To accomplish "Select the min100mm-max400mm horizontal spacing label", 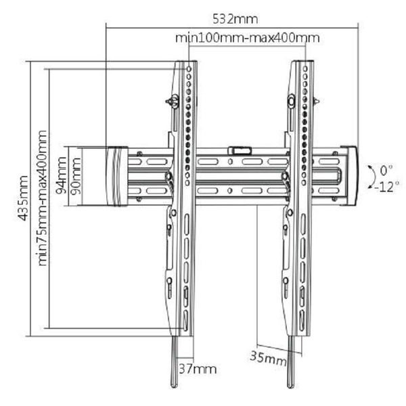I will point(247,38).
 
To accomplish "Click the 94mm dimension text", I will point(62,176).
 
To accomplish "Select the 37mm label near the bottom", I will point(197,369).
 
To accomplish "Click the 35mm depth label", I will point(267,357).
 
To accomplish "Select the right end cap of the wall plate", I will point(349,175).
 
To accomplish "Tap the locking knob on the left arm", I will point(173,102).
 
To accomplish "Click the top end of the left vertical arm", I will point(188,65).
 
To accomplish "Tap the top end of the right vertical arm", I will point(302,65).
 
